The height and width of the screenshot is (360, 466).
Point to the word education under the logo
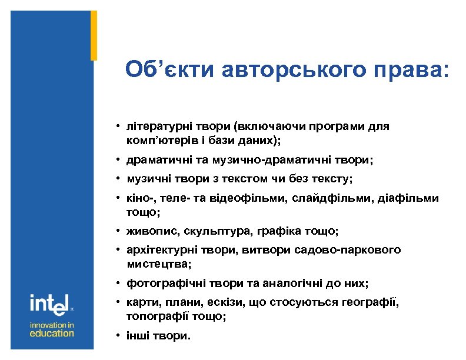(x=52, y=333)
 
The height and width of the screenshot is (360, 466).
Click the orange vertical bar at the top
(x=94, y=35)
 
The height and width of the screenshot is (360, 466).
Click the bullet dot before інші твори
(x=118, y=336)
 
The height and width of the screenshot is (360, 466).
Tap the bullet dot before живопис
(x=118, y=231)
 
